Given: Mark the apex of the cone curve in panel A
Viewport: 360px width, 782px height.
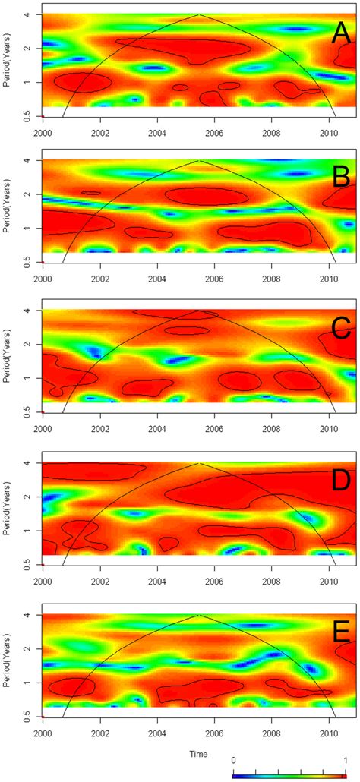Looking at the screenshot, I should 199,14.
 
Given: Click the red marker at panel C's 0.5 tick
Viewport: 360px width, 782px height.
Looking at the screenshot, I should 42,412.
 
